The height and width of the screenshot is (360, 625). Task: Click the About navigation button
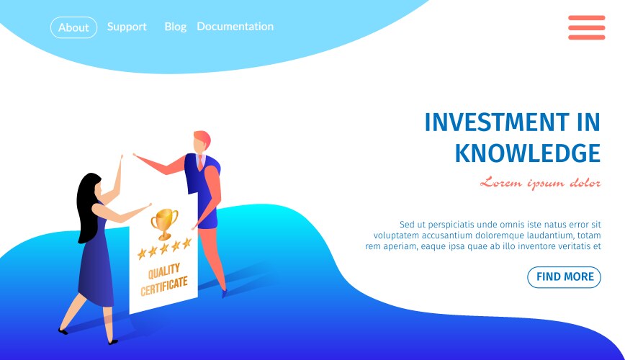pos(73,27)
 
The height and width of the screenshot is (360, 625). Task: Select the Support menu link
pos(127,27)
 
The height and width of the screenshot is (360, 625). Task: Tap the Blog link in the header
pos(176,27)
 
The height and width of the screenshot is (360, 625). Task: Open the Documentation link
pos(235,27)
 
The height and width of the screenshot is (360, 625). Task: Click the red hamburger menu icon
pos(586,27)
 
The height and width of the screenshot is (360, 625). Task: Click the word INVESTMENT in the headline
pos(497,122)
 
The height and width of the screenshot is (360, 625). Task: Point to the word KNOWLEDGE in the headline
pos(528,153)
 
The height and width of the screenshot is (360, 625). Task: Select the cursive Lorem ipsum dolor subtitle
pos(541,183)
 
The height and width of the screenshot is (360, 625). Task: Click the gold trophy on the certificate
pos(164,223)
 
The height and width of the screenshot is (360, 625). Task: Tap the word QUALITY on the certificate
pos(164,271)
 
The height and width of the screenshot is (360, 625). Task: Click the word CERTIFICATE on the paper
pos(164,286)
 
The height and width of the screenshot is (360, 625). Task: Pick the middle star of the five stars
pos(164,249)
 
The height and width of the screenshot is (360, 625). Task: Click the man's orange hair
pos(203,138)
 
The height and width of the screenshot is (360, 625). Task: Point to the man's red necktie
pos(200,162)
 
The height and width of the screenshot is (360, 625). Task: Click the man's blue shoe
pos(224,294)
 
